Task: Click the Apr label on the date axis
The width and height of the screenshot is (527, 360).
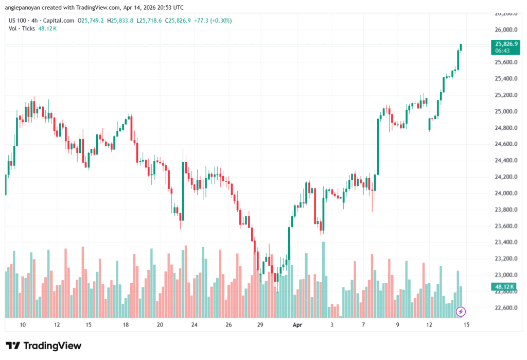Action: pos(297,325)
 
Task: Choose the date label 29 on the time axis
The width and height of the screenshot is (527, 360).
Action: pos(260,325)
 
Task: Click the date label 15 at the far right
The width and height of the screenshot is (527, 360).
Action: pos(466,325)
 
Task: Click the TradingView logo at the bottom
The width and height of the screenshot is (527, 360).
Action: pos(44,346)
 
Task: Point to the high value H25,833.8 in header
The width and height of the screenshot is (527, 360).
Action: pos(119,21)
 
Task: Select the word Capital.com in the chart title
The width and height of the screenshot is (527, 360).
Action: pos(58,21)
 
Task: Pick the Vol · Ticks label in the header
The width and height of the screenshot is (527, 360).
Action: pos(21,28)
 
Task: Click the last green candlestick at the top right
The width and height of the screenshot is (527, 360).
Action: pos(461,47)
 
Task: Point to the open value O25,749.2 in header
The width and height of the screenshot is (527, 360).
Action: pos(91,21)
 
